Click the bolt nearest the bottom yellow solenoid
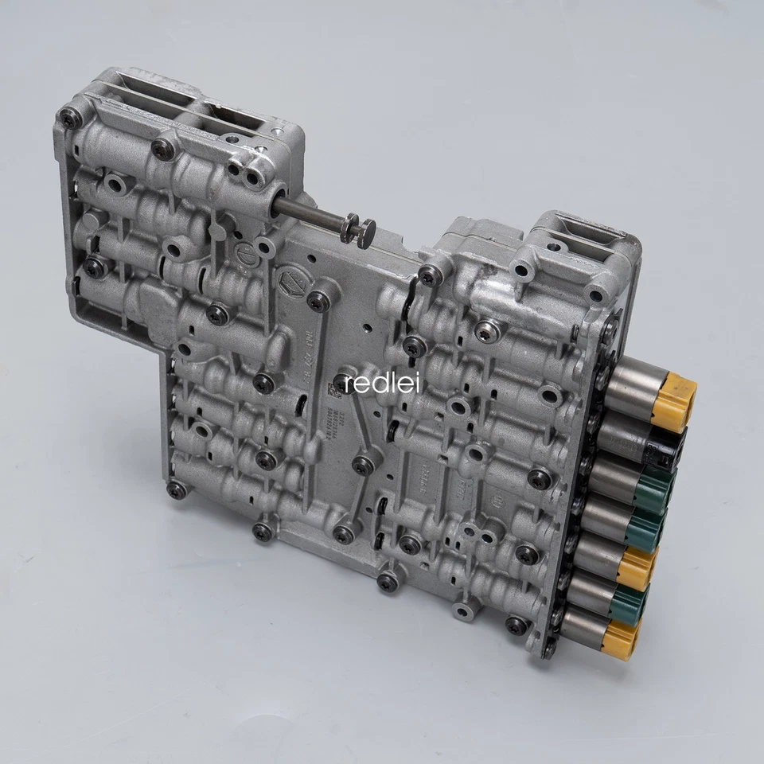coord(517,625)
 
